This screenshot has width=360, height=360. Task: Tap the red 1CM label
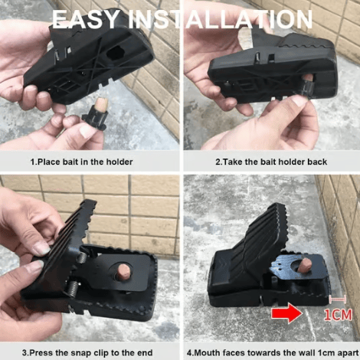pyautogui.click(x=338, y=314)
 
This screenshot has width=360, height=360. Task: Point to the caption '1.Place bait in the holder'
pyautogui.click(x=81, y=162)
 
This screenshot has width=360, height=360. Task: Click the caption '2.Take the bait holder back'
pyautogui.click(x=271, y=162)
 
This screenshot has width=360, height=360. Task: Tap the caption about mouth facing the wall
pyautogui.click(x=271, y=352)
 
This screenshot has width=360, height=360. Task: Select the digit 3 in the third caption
pyautogui.click(x=25, y=352)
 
